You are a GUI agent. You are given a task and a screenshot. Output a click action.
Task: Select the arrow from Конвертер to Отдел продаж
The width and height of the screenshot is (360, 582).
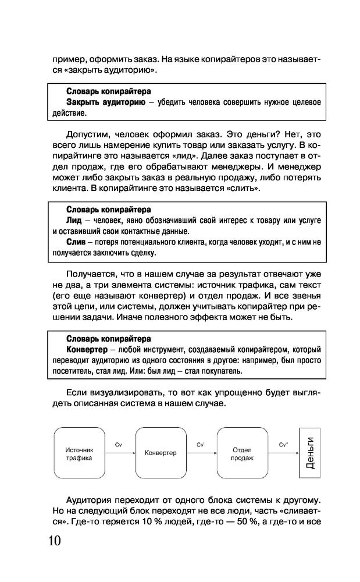[x=201, y=451]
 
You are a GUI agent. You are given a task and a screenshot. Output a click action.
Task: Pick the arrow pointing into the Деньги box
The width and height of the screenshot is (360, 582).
[x=282, y=451]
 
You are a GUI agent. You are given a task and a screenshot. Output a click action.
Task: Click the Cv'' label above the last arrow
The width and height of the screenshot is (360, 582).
[x=283, y=444]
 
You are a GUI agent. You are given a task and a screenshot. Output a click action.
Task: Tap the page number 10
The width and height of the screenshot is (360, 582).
[x=51, y=540]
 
